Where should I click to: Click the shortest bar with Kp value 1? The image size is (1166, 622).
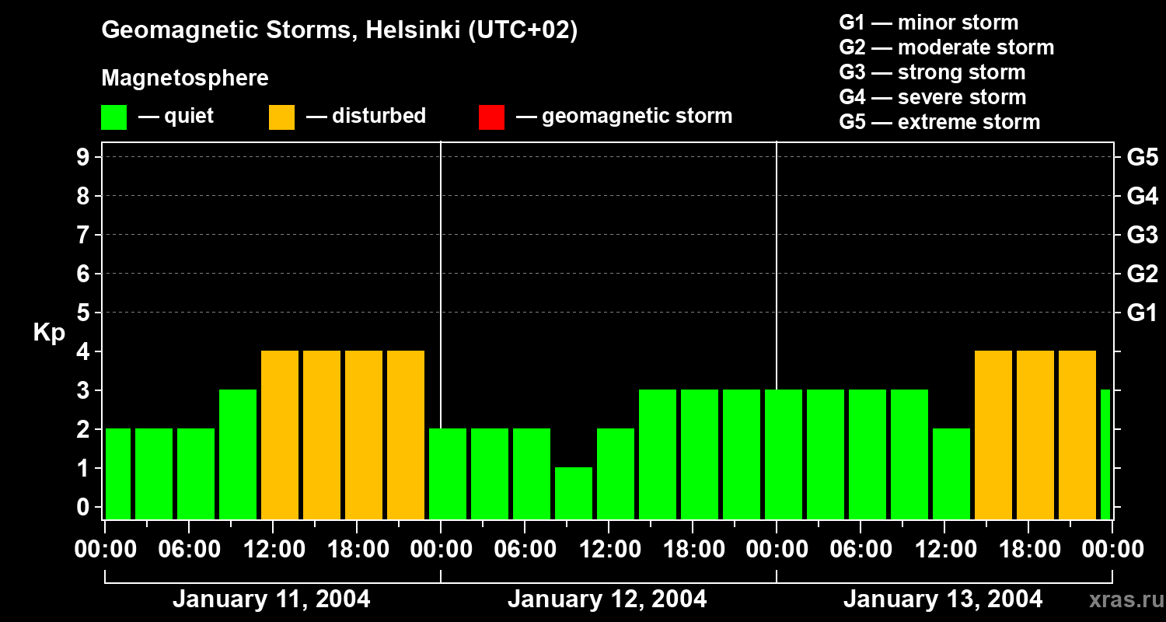point(574,493)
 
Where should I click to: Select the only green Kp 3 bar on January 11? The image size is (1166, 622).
point(238,454)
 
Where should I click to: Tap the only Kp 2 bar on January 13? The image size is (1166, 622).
point(951,473)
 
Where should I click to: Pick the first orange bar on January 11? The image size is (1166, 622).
point(280,435)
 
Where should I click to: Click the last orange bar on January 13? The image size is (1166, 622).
point(1077,435)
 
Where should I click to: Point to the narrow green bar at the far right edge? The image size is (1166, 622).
point(1105,454)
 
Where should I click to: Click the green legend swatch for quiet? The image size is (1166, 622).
point(114,117)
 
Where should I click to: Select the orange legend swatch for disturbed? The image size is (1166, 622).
point(281,117)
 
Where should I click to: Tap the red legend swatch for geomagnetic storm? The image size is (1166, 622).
point(491,117)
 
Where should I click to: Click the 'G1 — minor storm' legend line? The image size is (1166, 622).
point(928,23)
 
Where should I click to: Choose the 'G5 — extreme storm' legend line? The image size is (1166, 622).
point(939,122)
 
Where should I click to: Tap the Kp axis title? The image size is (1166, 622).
point(49,333)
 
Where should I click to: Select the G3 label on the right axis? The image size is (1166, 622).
point(1142,235)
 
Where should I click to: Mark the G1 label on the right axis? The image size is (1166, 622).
point(1142,313)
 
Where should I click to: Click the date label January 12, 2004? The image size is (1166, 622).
point(607,599)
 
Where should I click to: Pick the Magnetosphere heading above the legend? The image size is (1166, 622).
point(185,79)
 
